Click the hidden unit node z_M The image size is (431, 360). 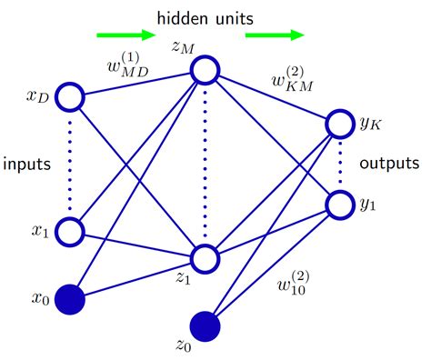(205, 70)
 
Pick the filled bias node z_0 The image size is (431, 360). (205, 325)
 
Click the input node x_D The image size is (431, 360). (69, 95)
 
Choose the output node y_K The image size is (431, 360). (339, 124)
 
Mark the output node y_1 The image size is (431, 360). (339, 205)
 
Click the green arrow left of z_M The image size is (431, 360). (121, 36)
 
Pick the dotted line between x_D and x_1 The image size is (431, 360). (69, 164)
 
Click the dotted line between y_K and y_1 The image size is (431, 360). (339, 165)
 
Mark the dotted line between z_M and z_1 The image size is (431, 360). (205, 164)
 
